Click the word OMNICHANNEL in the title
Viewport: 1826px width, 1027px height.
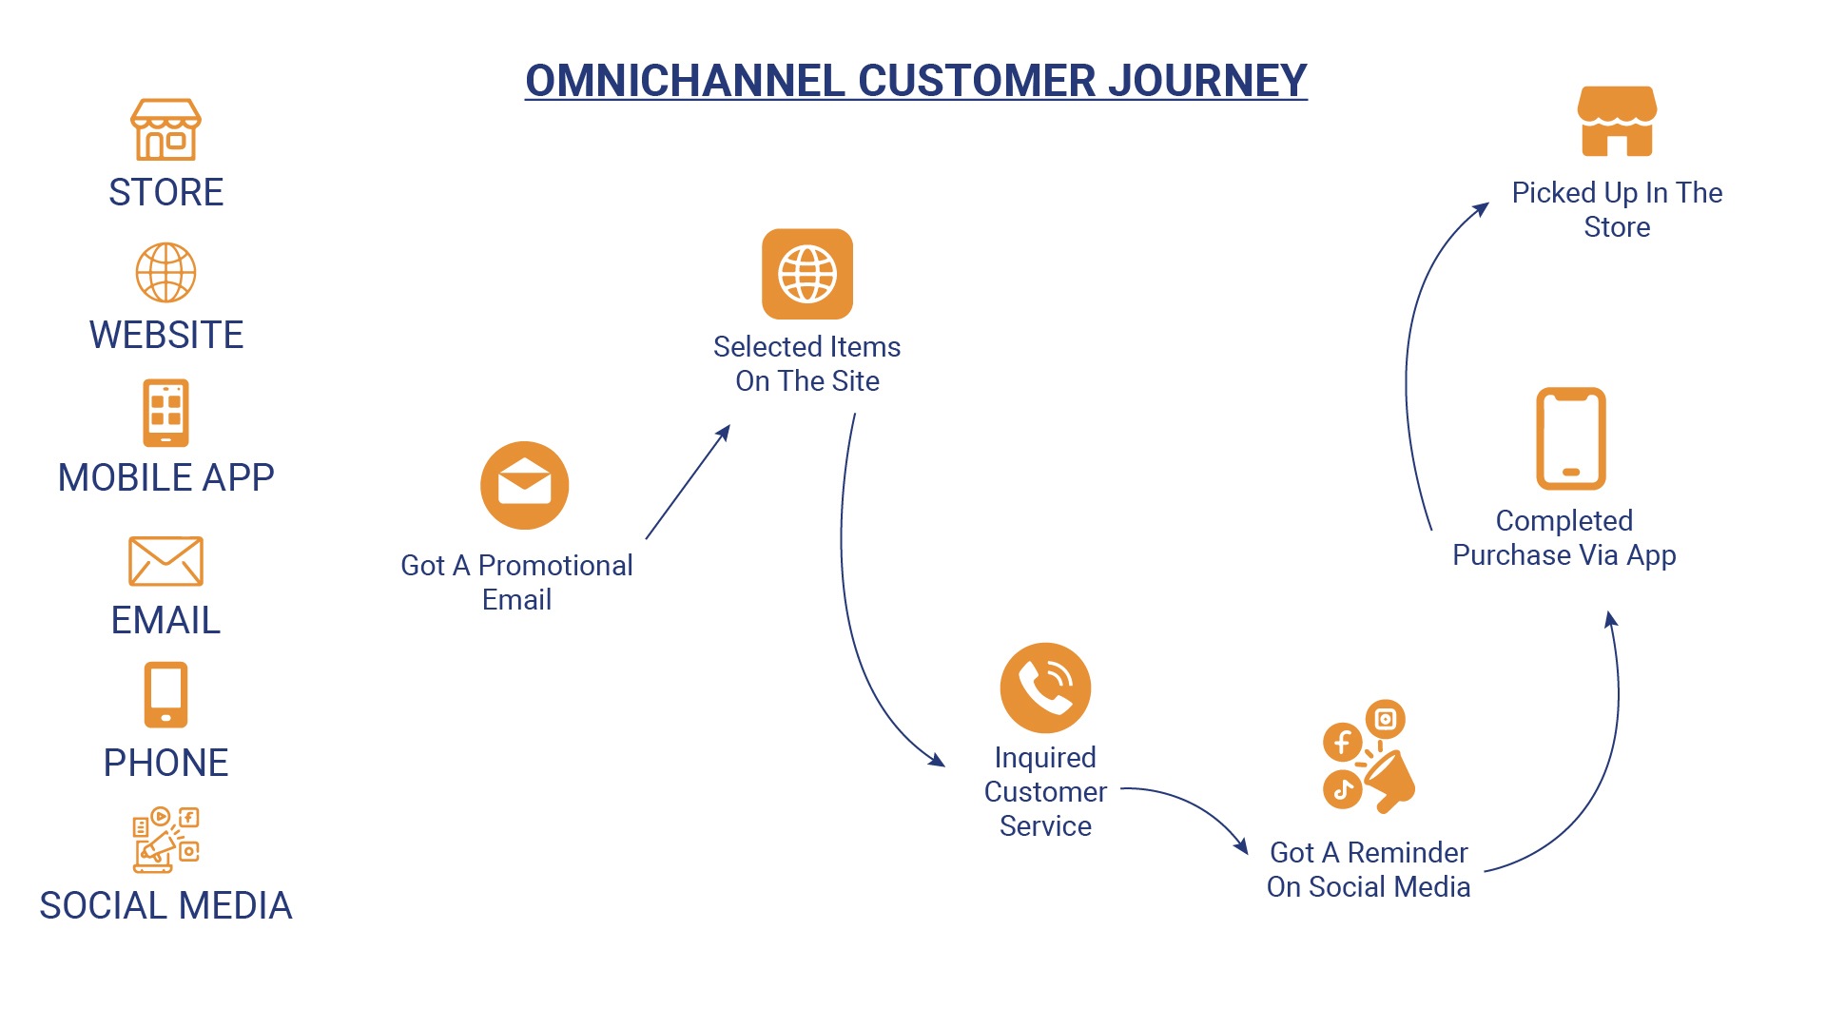(685, 81)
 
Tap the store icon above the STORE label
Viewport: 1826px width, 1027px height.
(165, 129)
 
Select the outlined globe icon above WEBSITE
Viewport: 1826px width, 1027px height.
(165, 273)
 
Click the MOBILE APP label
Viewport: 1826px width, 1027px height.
(165, 477)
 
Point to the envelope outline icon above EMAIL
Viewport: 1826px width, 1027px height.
(165, 561)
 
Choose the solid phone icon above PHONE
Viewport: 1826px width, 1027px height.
(165, 695)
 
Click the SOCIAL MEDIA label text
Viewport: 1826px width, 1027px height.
(165, 905)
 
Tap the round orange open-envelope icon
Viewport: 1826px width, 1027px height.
(524, 485)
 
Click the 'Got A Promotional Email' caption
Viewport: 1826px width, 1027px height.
(516, 582)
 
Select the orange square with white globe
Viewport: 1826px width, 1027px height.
(807, 274)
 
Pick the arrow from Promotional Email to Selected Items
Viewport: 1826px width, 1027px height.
(687, 483)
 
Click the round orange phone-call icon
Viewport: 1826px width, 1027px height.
(1045, 688)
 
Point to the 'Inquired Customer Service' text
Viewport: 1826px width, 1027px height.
(1045, 791)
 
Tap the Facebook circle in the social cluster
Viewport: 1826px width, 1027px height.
(1342, 742)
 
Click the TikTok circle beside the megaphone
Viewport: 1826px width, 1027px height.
(1342, 789)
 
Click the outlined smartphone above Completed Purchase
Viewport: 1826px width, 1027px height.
(1571, 438)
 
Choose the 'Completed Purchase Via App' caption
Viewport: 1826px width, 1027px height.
(1564, 538)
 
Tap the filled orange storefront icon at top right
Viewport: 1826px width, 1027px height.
(1617, 122)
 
